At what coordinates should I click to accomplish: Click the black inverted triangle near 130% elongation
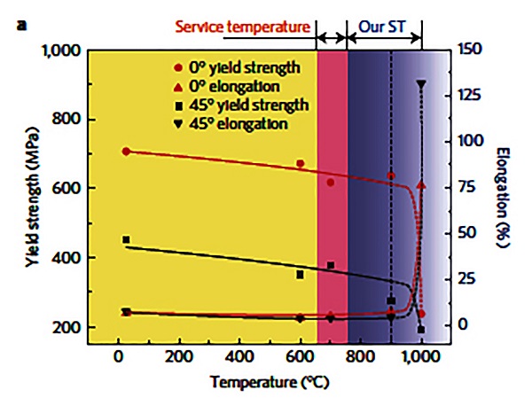tap(421, 85)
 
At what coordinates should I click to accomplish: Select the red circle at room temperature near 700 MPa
tap(126, 152)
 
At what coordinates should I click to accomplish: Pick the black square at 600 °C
tap(301, 275)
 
